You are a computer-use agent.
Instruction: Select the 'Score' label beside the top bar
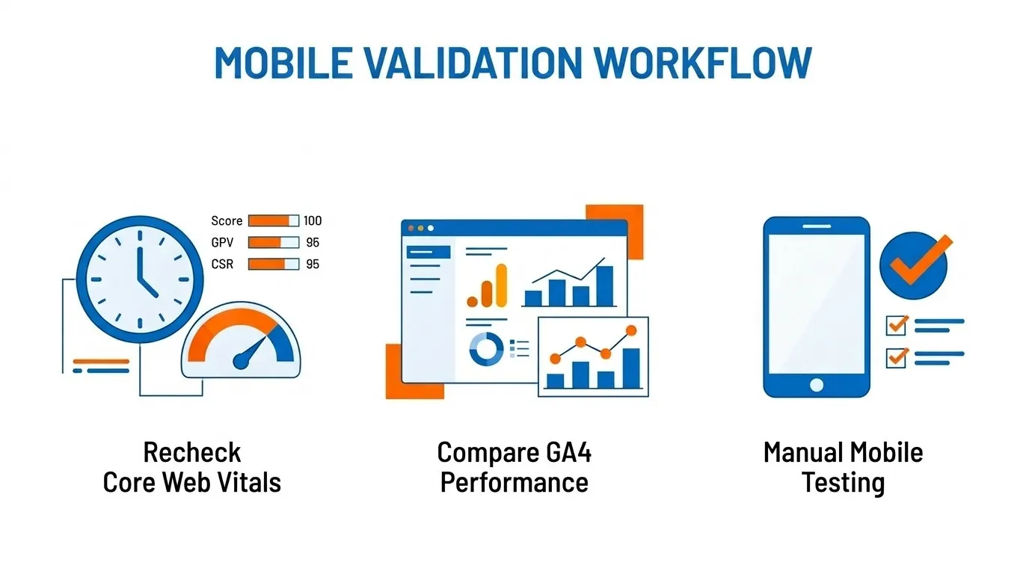pyautogui.click(x=227, y=220)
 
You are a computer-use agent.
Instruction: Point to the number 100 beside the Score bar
pyautogui.click(x=313, y=220)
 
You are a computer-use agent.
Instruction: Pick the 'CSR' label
pyautogui.click(x=223, y=264)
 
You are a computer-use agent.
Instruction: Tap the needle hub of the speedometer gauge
pyautogui.click(x=241, y=362)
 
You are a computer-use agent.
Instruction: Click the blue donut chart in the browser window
pyautogui.click(x=486, y=348)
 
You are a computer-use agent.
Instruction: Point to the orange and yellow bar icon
pyautogui.click(x=487, y=286)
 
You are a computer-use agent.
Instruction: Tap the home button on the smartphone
pyautogui.click(x=816, y=384)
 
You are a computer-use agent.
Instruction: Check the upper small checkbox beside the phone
pyautogui.click(x=896, y=325)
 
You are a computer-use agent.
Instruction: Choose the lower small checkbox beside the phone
pyautogui.click(x=896, y=357)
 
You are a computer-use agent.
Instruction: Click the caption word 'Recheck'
pyautogui.click(x=191, y=452)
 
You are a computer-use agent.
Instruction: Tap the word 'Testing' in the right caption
pyautogui.click(x=843, y=482)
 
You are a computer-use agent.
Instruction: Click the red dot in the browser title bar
pyautogui.click(x=410, y=227)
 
